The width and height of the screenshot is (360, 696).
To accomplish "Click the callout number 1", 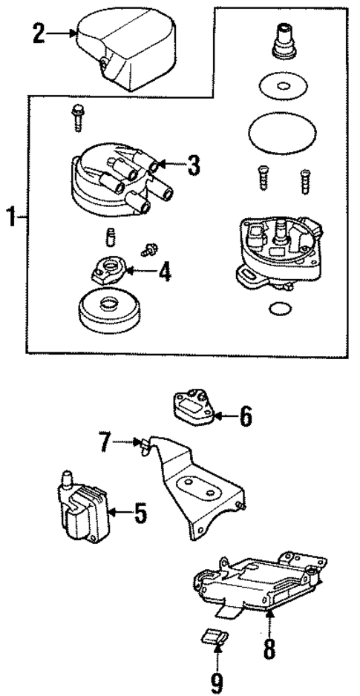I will coord(10,219).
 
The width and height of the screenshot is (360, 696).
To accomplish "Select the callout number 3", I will coord(193,166).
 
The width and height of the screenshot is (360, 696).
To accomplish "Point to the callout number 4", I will coord(165,272).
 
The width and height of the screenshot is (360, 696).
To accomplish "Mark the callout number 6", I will coord(245,417).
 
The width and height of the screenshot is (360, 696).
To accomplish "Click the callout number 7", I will coord(105,444).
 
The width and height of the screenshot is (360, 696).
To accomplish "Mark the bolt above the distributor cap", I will coord(75,116).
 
